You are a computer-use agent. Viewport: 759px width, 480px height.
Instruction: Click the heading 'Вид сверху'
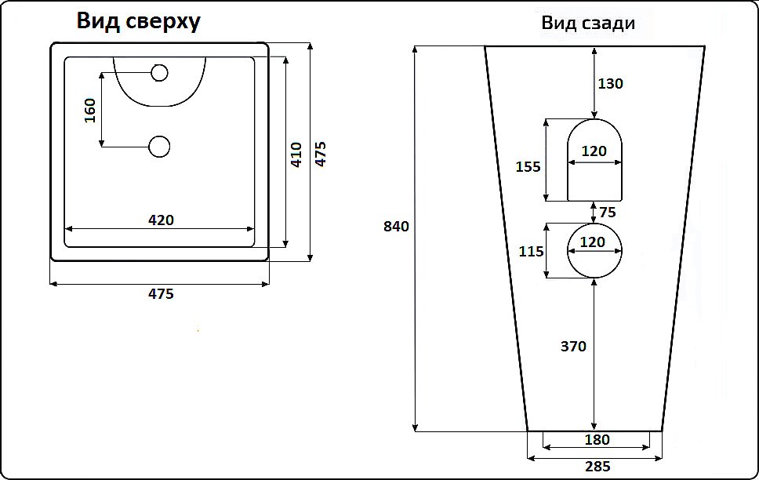[x=138, y=21]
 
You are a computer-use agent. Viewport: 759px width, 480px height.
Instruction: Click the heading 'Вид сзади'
[x=588, y=24]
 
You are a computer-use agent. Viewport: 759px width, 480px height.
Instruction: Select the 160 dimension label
[x=89, y=111]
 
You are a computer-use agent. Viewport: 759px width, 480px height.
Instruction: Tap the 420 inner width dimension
[x=161, y=220]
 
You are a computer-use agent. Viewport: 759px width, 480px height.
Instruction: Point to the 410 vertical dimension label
[x=296, y=155]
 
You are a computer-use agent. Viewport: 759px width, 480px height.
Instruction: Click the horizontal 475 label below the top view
[x=161, y=294]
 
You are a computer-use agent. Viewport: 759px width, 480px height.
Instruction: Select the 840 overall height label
[x=396, y=227]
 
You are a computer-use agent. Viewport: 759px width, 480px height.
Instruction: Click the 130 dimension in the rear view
[x=610, y=83]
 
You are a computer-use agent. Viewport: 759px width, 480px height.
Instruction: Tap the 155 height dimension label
[x=527, y=166]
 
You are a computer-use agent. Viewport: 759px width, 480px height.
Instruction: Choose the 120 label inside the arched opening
[x=594, y=151]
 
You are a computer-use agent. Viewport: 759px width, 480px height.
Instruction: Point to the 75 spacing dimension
[x=608, y=212]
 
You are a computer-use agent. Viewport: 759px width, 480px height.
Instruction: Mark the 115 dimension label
[x=531, y=251]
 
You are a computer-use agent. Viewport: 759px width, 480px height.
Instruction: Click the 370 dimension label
[x=573, y=346]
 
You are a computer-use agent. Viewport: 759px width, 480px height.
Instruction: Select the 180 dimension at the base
[x=597, y=439]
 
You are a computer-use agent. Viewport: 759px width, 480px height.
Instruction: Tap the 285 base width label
[x=597, y=467]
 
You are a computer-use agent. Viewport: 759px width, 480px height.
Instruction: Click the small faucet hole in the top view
[x=160, y=74]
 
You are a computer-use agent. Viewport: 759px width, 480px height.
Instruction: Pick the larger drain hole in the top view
[x=160, y=146]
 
